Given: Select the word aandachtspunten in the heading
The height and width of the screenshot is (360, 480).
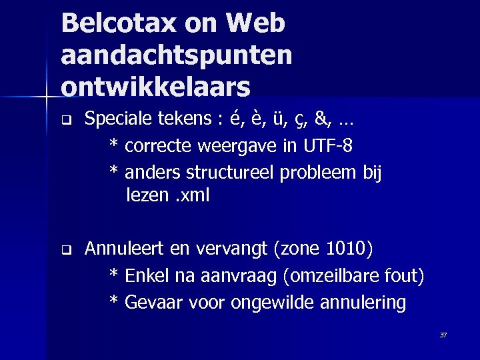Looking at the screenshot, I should click(x=176, y=55).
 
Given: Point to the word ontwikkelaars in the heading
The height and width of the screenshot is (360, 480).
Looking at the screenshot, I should click(x=156, y=87).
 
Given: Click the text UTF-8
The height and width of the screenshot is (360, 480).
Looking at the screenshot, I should click(x=328, y=145).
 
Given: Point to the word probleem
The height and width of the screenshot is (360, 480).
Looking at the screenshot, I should click(x=317, y=173).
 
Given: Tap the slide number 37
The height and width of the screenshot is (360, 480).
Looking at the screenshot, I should click(x=443, y=335).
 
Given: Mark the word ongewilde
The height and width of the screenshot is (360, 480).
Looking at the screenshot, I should click(x=273, y=303).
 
